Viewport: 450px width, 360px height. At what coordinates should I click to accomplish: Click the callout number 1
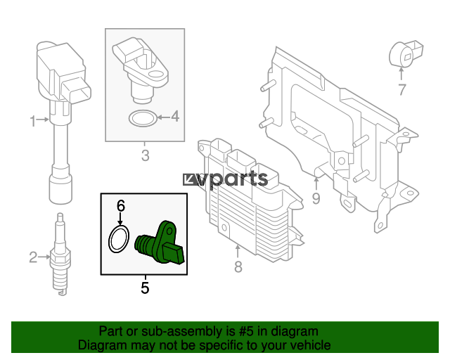pyautogui.click(x=33, y=121)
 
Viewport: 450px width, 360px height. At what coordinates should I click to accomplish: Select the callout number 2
pyautogui.click(x=33, y=257)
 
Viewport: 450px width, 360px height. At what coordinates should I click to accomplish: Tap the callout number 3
pyautogui.click(x=146, y=155)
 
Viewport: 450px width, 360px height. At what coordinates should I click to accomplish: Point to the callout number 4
pyautogui.click(x=175, y=117)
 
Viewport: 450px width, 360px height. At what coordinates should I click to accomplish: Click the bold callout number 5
pyautogui.click(x=146, y=288)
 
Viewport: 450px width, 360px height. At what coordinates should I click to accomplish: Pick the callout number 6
pyautogui.click(x=121, y=205)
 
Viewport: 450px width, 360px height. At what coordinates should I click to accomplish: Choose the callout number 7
pyautogui.click(x=402, y=89)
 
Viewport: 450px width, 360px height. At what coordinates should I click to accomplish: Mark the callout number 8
pyautogui.click(x=238, y=266)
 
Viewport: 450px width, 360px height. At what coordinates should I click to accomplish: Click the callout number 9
pyautogui.click(x=316, y=198)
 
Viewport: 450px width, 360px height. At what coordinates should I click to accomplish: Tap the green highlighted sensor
pyautogui.click(x=160, y=243)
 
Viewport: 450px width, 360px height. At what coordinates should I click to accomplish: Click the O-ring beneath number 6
pyautogui.click(x=119, y=239)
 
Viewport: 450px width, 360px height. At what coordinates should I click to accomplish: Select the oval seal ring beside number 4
pyautogui.click(x=143, y=118)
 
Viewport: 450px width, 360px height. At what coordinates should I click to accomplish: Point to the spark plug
pyautogui.click(x=60, y=254)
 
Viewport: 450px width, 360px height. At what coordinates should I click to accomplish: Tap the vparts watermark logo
pyautogui.click(x=225, y=180)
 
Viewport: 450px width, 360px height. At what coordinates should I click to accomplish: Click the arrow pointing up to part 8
pyautogui.click(x=238, y=252)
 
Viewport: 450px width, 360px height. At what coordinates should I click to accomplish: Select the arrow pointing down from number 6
pyautogui.click(x=120, y=219)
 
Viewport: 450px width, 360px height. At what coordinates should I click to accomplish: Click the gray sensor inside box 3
pyautogui.click(x=140, y=69)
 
